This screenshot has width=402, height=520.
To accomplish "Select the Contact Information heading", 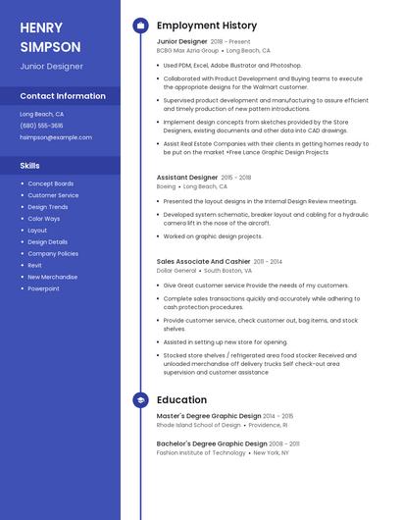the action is click(x=63, y=96).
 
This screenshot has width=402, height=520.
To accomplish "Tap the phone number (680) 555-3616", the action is click(x=41, y=126).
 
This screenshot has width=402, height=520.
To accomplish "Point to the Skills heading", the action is click(x=29, y=166).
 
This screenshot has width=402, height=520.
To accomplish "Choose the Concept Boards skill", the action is click(x=50, y=183).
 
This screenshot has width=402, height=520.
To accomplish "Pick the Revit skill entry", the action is click(x=34, y=265).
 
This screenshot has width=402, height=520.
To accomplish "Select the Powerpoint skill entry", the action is click(x=43, y=288).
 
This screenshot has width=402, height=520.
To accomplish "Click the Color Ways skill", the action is click(x=43, y=219).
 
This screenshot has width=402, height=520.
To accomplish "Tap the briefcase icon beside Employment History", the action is click(x=140, y=26).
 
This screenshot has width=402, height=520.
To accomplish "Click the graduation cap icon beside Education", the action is click(x=140, y=400).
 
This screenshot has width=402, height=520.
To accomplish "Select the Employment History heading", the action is click(x=206, y=26).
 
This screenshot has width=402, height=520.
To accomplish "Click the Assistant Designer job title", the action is click(x=187, y=178).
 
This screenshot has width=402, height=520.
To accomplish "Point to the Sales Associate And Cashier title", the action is click(x=203, y=262).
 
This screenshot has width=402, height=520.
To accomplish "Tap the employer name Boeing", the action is click(x=166, y=186).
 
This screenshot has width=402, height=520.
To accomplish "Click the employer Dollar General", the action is click(x=176, y=270).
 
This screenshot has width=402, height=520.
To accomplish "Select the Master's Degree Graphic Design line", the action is click(x=209, y=416).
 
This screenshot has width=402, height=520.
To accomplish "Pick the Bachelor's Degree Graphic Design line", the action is click(x=209, y=444).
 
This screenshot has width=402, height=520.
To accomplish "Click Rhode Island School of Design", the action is click(x=198, y=425).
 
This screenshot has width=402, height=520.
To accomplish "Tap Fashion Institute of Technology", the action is click(x=201, y=453).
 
